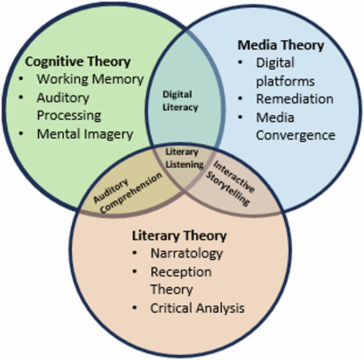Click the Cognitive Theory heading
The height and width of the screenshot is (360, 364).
[78, 62]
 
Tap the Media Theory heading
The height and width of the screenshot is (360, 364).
[280, 45]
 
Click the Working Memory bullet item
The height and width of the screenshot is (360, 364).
[90, 80]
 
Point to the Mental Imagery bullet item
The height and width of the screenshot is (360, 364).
[84, 134]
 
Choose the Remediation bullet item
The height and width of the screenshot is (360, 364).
[294, 99]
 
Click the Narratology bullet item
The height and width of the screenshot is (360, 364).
[186, 253]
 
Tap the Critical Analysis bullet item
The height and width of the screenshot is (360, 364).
[197, 308]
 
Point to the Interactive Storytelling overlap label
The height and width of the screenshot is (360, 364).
[234, 184]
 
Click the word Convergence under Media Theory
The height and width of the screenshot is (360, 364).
[295, 135]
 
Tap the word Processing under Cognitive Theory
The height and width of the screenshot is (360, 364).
[69, 115]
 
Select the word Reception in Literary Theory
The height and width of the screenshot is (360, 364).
[181, 272]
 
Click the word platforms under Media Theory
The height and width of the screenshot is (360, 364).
[285, 81]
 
